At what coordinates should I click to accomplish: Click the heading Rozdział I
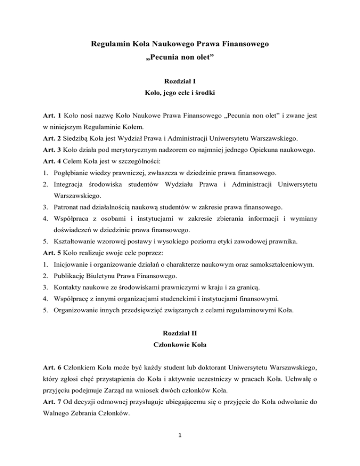(x=180, y=81)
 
